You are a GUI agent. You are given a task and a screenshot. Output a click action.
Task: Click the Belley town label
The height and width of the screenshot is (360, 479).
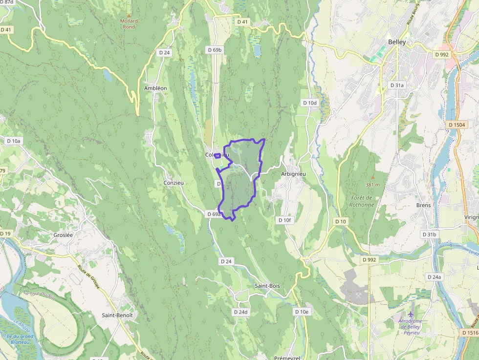(397, 42)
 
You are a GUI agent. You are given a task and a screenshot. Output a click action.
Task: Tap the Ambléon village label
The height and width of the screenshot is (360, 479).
(155, 88)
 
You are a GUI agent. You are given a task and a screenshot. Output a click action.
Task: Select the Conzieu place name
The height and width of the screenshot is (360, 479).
(174, 183)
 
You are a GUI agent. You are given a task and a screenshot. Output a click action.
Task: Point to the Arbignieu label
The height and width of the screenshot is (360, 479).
(293, 174)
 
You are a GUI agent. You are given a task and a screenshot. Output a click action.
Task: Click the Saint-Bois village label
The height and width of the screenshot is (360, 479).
(267, 286)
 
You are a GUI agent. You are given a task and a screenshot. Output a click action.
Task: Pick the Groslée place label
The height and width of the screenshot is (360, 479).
(63, 234)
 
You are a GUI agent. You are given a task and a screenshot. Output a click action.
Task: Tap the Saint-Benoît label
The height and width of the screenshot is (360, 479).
(117, 315)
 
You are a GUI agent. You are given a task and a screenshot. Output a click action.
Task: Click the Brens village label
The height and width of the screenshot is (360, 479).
(423, 205)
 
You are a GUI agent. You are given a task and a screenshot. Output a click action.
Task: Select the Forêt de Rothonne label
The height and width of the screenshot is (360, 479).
(362, 201)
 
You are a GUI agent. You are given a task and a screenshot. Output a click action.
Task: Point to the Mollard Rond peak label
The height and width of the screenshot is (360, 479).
(129, 24)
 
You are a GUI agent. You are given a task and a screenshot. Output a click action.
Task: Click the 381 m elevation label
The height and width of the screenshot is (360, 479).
(373, 185)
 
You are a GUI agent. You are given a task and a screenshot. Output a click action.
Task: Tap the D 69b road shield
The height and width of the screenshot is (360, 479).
(215, 50)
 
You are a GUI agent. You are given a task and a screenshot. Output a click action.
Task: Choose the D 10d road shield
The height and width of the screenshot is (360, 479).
(310, 103)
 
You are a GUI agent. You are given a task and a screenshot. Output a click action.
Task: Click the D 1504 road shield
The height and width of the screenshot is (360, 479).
(457, 125)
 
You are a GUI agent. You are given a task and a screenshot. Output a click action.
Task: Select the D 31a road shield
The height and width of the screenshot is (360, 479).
(397, 85)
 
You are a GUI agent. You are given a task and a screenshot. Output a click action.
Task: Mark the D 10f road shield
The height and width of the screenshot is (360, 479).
(284, 220)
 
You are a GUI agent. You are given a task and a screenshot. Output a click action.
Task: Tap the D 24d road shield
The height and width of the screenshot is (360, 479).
(241, 312)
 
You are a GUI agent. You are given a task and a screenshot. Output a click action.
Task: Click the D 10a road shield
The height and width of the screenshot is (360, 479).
(14, 141)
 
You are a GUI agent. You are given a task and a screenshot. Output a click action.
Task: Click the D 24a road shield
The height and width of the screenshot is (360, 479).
(434, 277)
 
